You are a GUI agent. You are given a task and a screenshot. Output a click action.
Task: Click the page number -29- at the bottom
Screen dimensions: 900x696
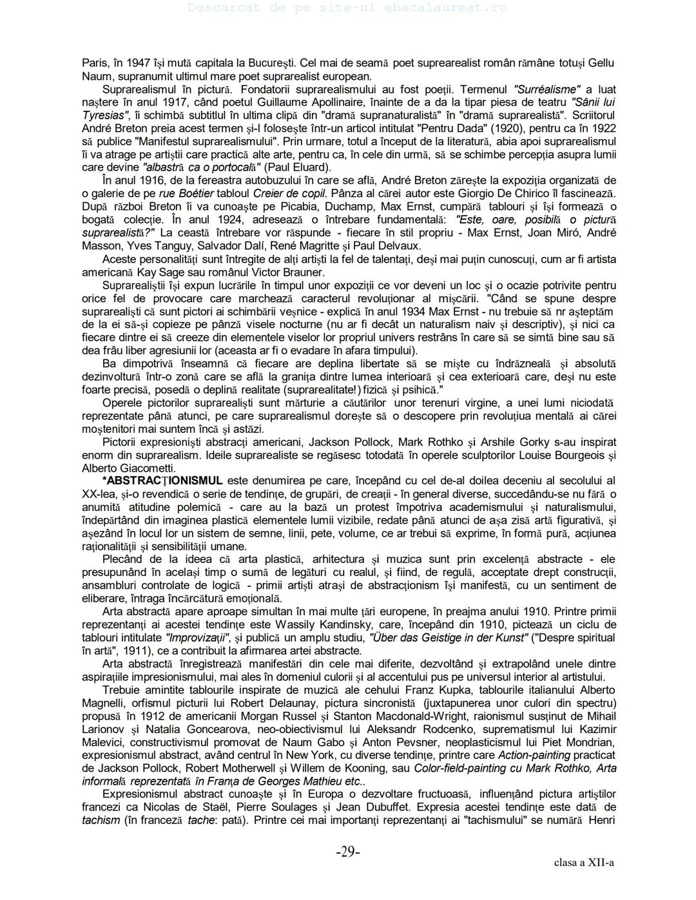(347, 852)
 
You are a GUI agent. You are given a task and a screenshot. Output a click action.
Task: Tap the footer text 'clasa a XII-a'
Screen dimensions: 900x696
(583, 863)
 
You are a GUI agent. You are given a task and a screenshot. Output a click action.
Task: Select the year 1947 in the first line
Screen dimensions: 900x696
(138, 62)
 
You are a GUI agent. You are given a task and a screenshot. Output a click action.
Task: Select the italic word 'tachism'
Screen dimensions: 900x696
(101, 820)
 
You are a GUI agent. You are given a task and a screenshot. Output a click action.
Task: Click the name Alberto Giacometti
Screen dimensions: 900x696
(128, 468)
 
